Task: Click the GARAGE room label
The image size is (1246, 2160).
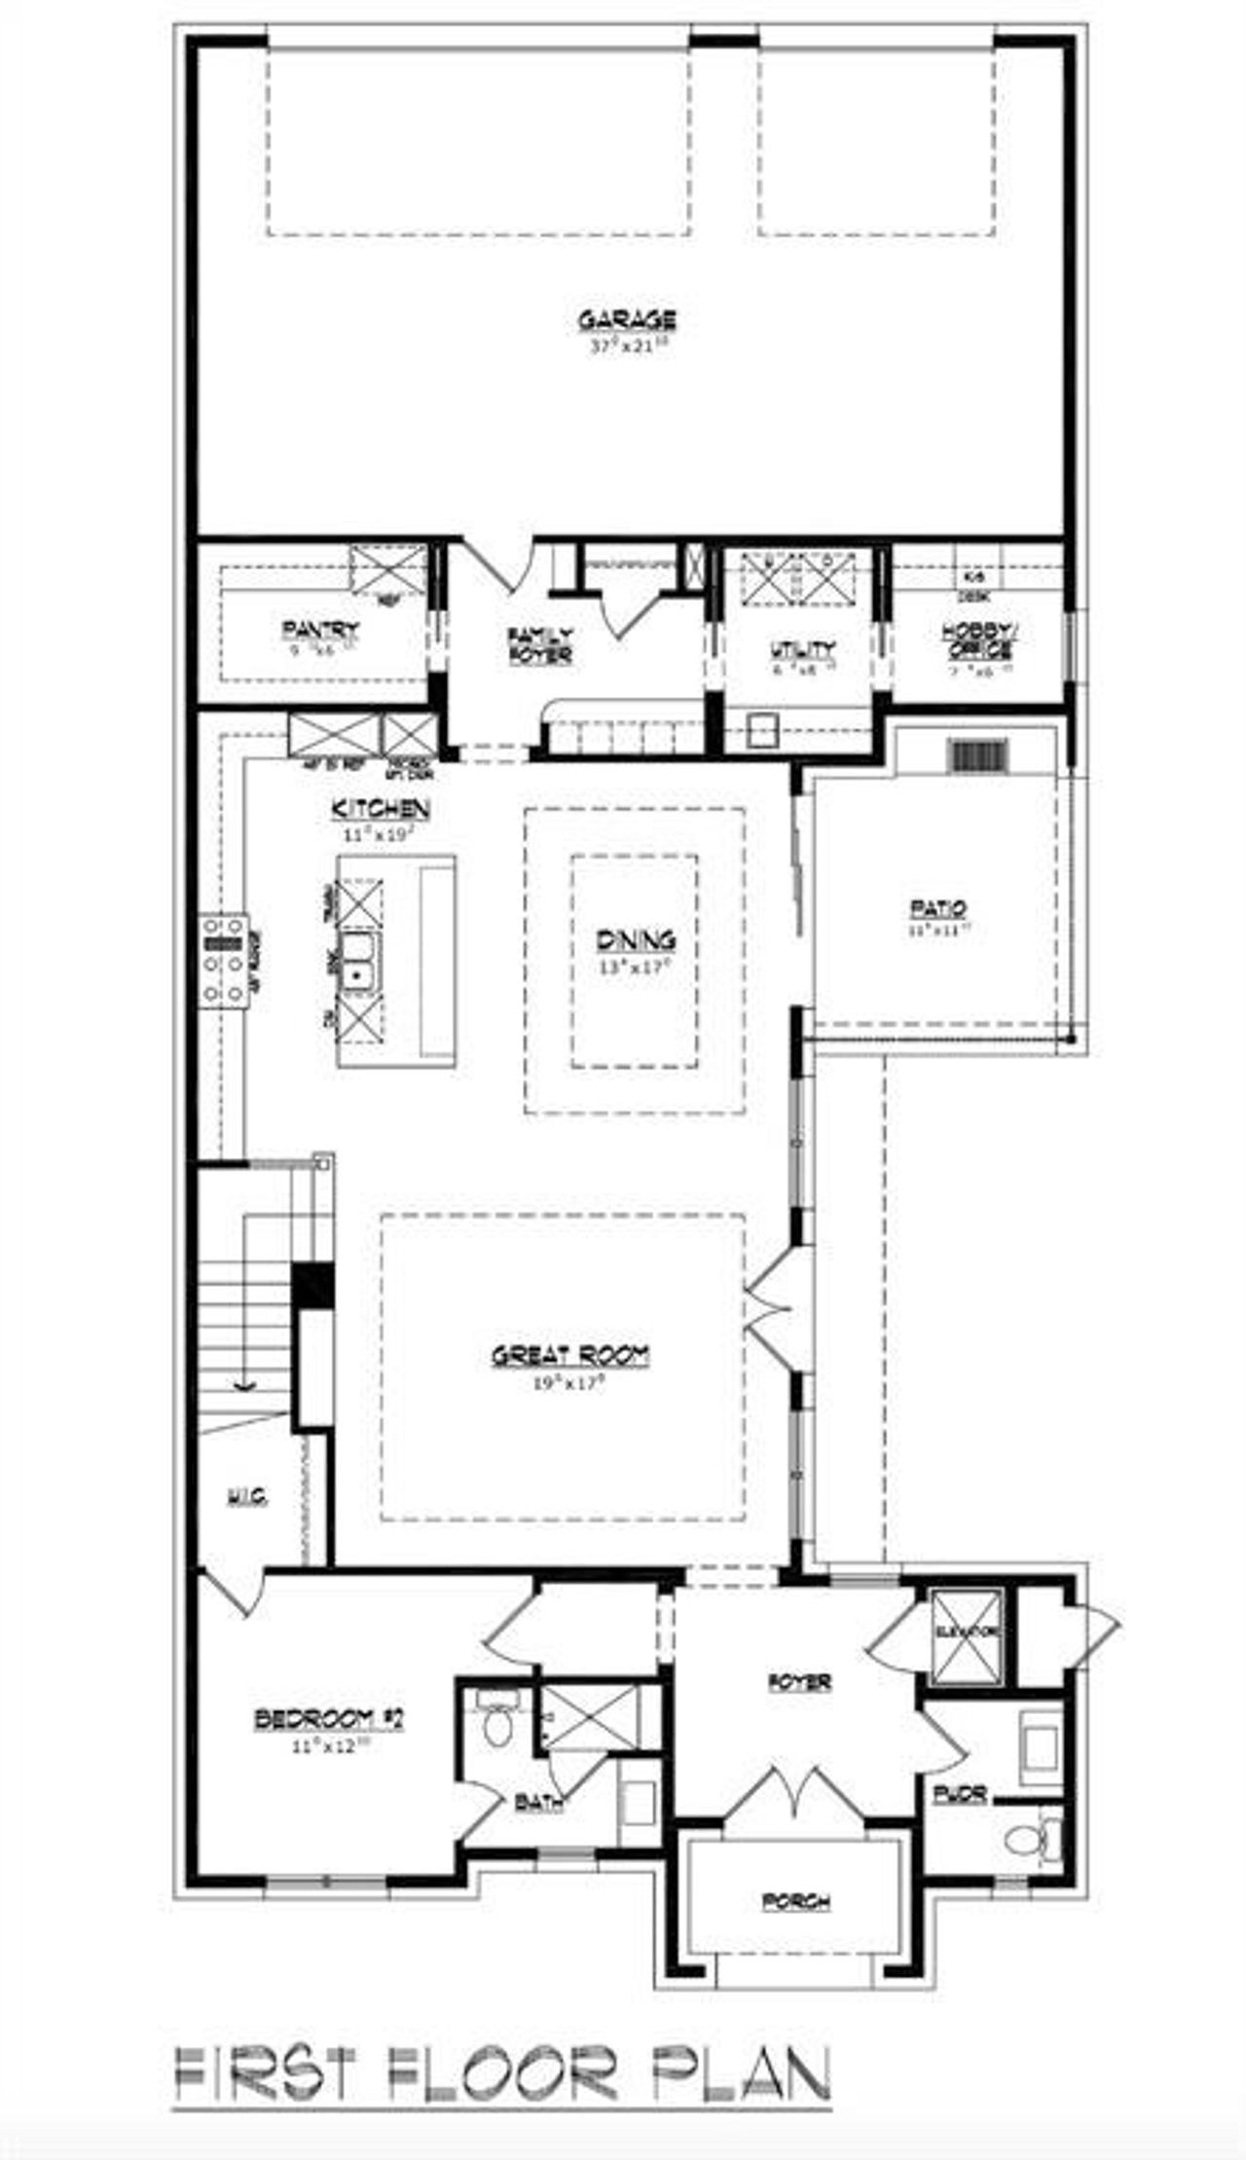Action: [x=627, y=319]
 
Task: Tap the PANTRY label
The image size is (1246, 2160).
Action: [x=320, y=630]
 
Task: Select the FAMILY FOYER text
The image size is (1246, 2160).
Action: [x=539, y=646]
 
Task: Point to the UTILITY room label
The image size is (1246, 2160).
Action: [x=802, y=649]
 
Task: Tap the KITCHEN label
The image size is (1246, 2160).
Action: [x=380, y=809]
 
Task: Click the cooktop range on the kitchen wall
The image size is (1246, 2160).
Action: [x=223, y=960]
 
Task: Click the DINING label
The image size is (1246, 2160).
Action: [x=636, y=940]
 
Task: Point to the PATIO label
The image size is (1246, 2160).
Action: [x=938, y=909]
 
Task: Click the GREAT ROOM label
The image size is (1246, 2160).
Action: [x=569, y=1355]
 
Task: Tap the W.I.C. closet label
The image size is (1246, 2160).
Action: [x=247, y=1496]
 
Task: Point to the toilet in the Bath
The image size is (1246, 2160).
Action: [x=497, y=1727]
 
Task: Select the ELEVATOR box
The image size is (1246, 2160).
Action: [x=966, y=1635]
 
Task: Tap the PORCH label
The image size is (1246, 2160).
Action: [x=796, y=1900]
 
